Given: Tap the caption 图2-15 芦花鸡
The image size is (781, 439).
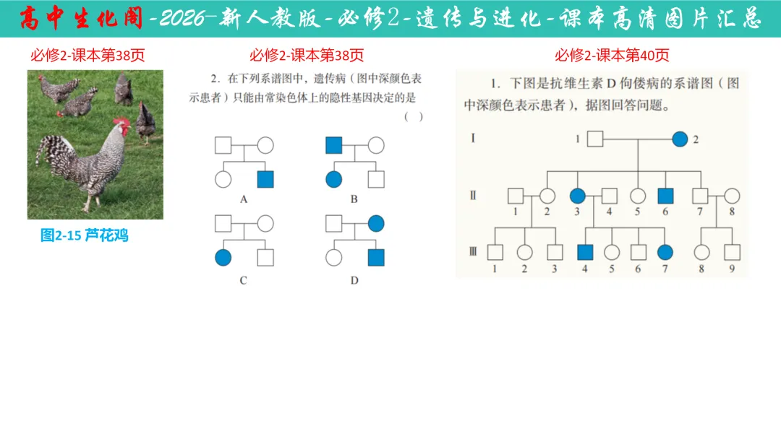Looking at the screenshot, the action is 85,235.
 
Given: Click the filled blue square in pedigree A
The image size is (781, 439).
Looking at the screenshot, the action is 265,179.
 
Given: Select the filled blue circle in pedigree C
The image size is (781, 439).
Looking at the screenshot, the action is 223,257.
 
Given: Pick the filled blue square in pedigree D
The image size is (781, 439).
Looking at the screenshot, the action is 375,257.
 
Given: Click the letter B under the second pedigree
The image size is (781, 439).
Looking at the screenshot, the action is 354,199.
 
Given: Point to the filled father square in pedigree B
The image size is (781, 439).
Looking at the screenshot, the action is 333,145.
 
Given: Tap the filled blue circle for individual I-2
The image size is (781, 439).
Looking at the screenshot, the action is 680,139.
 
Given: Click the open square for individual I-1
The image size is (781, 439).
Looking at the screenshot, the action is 594,139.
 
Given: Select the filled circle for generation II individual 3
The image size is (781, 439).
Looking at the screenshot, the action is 578,196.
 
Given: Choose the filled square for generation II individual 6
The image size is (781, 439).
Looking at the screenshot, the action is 666,196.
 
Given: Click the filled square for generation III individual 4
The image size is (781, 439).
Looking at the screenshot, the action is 585,252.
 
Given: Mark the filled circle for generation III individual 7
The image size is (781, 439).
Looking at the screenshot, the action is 665,252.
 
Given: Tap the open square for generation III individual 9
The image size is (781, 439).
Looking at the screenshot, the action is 732,252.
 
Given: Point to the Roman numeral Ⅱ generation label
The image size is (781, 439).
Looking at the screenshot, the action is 473,195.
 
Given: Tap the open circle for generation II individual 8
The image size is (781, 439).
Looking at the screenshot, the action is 732,196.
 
